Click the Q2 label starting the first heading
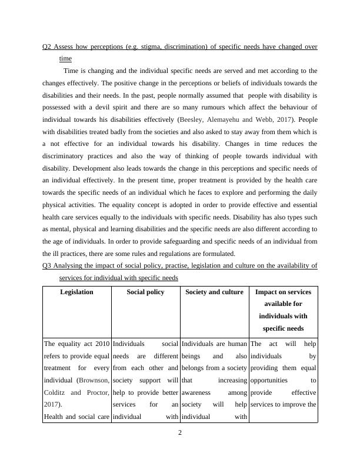coord(47,47)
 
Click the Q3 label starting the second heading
coord(47,265)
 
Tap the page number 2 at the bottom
coord(181,433)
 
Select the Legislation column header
coord(76,292)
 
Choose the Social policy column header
coord(145,292)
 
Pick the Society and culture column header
coord(214,292)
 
